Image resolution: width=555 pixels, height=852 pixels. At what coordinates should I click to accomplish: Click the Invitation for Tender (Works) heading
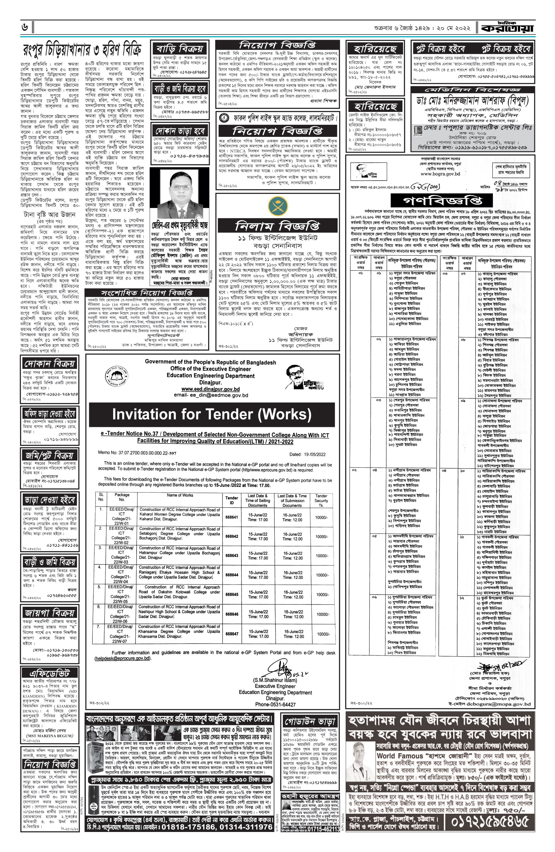(x=212, y=414)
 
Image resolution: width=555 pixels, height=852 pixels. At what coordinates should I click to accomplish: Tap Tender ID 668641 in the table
(x=232, y=517)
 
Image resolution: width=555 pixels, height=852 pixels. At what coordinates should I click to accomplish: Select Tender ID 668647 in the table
(x=232, y=634)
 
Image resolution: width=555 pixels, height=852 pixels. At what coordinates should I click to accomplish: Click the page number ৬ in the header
(x=26, y=27)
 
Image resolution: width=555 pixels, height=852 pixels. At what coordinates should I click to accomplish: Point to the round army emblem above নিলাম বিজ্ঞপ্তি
(x=277, y=206)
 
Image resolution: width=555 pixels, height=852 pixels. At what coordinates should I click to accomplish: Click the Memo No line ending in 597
(x=137, y=453)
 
